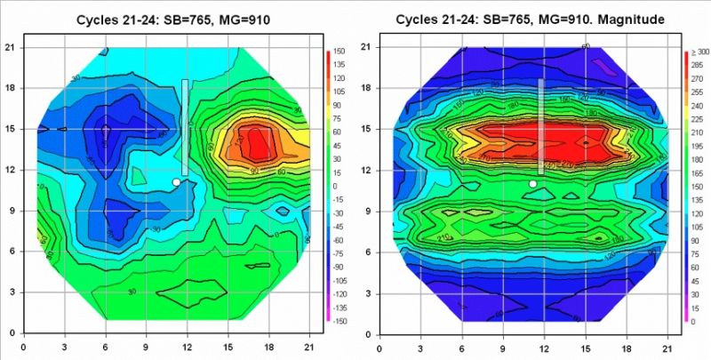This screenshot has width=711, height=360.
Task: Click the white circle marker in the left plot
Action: click(x=176, y=181)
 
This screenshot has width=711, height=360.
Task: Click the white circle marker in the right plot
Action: click(x=532, y=183)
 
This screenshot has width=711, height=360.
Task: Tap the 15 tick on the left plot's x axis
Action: click(x=228, y=347)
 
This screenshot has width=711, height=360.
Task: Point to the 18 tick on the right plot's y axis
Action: click(x=365, y=88)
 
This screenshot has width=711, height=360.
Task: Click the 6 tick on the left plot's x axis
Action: click(x=105, y=347)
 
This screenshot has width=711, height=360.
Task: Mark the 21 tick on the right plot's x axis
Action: click(x=667, y=347)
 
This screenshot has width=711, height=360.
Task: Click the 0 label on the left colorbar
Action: click(x=336, y=186)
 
